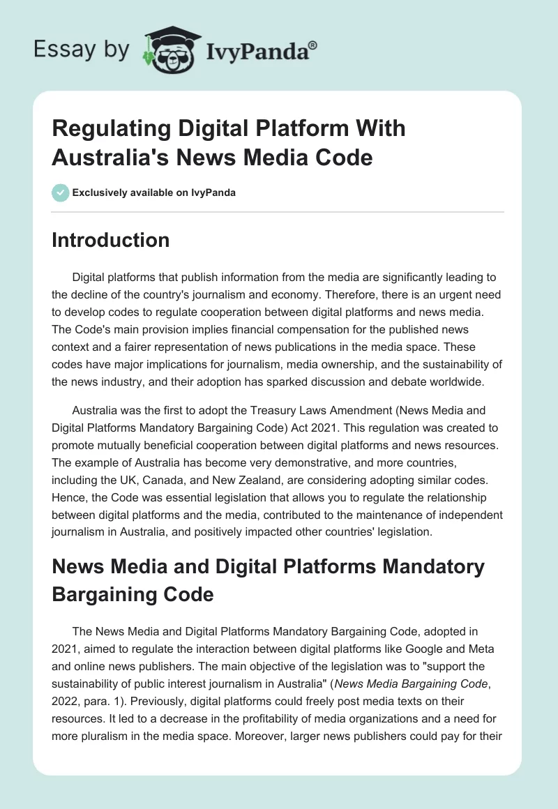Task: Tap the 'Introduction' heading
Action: (x=110, y=241)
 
